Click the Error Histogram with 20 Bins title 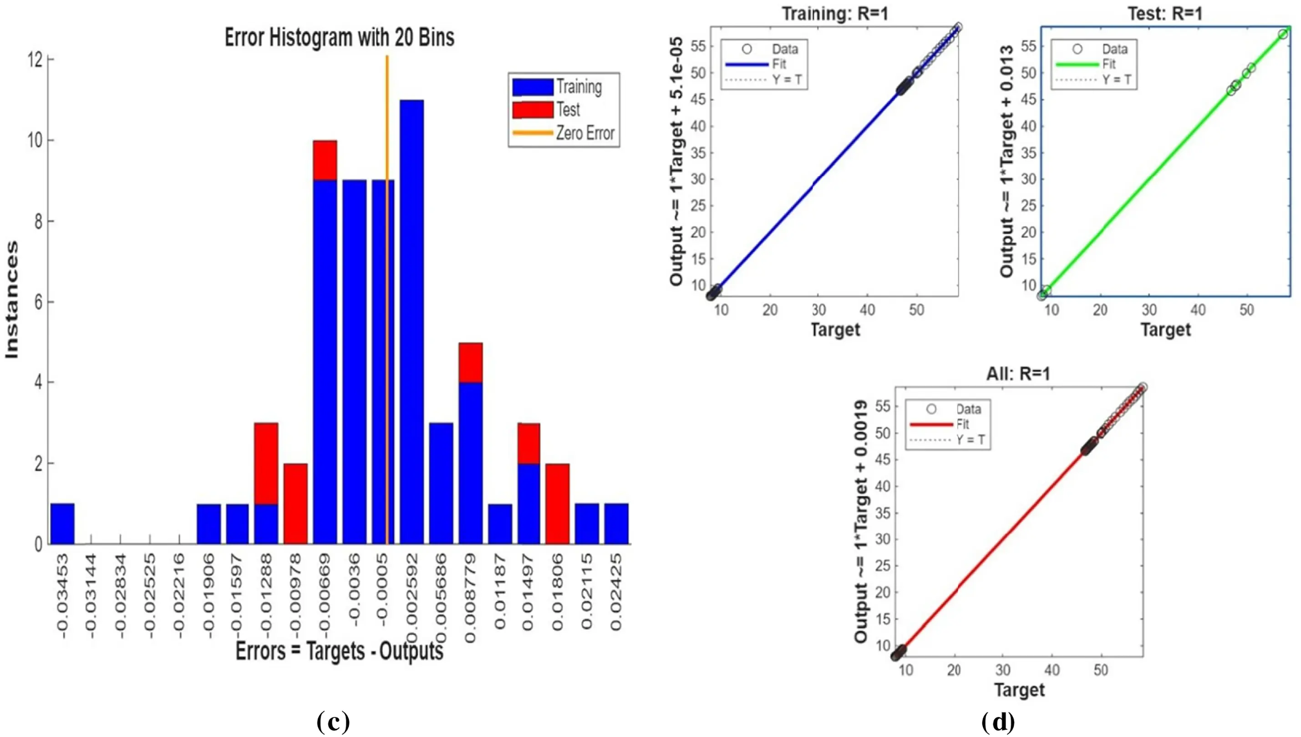(x=339, y=37)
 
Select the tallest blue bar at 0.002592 (x=412, y=322)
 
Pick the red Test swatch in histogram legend (x=532, y=110)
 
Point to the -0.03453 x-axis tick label (x=62, y=595)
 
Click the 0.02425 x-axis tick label (x=616, y=592)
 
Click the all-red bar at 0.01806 (x=558, y=504)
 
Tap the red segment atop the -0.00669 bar (x=325, y=160)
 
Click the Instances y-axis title (x=12, y=300)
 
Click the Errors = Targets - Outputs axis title (x=339, y=651)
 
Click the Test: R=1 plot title (x=1165, y=14)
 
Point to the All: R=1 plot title (x=1018, y=374)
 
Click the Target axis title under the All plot (x=1019, y=690)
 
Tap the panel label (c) (x=333, y=722)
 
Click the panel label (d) (x=998, y=722)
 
